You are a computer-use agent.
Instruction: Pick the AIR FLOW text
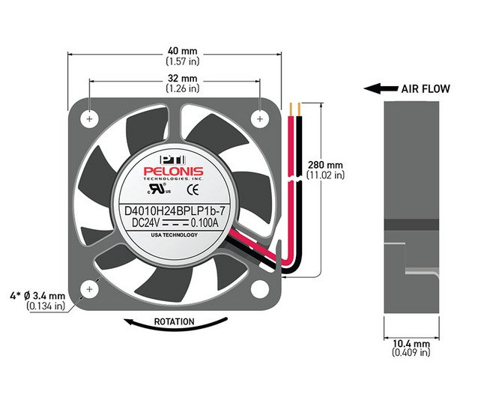tap(426, 89)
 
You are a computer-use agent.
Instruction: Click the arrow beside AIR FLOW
tap(381, 89)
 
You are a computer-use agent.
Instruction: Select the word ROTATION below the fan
tap(175, 321)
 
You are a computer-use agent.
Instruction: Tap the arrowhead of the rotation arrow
tap(129, 321)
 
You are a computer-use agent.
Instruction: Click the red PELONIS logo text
tap(173, 172)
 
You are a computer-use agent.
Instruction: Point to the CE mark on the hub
tap(193, 190)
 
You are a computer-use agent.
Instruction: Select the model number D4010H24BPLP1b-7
tap(175, 211)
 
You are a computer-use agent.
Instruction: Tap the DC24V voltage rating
tap(145, 223)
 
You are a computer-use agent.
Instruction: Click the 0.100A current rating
tap(204, 223)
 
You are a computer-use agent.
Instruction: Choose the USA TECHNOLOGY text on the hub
tap(175, 235)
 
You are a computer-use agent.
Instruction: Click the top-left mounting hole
tap(89, 119)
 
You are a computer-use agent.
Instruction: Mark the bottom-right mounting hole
tap(260, 289)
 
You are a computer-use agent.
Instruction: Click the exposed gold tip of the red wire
tap(291, 109)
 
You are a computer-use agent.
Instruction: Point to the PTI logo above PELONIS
tap(172, 160)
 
